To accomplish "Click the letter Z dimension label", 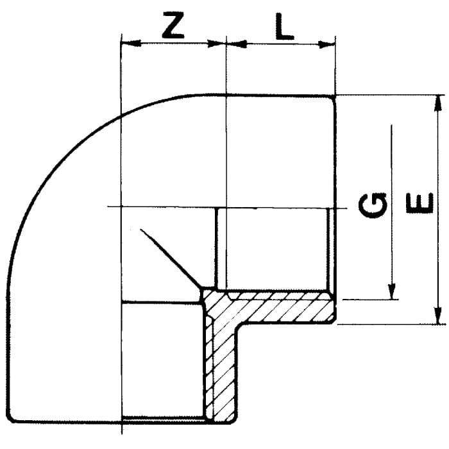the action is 173,26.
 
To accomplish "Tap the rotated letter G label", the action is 372,205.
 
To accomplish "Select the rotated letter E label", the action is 419,203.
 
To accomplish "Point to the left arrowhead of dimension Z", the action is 131,44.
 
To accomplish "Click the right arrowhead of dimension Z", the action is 216,44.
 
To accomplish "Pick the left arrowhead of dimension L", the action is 237,44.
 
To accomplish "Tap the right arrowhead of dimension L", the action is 326,44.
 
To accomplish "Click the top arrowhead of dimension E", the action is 437,103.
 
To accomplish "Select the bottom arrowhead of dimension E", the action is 438,316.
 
